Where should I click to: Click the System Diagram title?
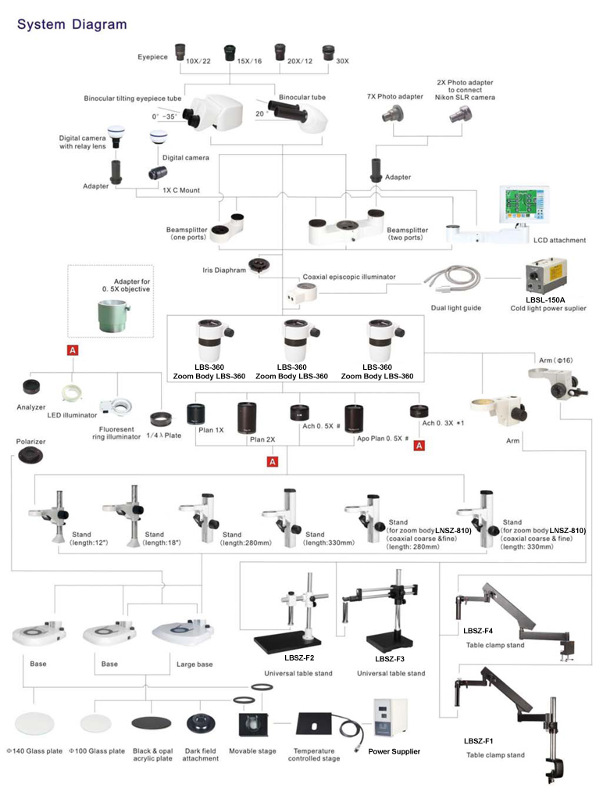click(x=72, y=24)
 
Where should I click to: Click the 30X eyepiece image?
click(x=328, y=52)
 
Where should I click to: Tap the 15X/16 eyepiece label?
click(x=249, y=61)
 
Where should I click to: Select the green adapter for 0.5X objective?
click(x=113, y=316)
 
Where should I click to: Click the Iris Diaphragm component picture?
click(x=261, y=264)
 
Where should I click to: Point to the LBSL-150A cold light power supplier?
click(x=546, y=277)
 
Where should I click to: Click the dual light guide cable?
click(x=452, y=279)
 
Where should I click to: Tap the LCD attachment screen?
click(x=523, y=204)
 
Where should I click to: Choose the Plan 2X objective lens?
click(x=247, y=417)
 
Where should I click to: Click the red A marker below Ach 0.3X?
click(x=419, y=446)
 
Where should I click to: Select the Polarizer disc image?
click(x=30, y=456)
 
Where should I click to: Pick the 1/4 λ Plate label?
click(x=164, y=435)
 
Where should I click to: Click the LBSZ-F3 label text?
click(x=390, y=659)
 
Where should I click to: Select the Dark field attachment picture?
click(x=202, y=724)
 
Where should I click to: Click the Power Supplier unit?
click(x=390, y=718)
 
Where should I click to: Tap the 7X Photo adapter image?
click(x=393, y=114)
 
